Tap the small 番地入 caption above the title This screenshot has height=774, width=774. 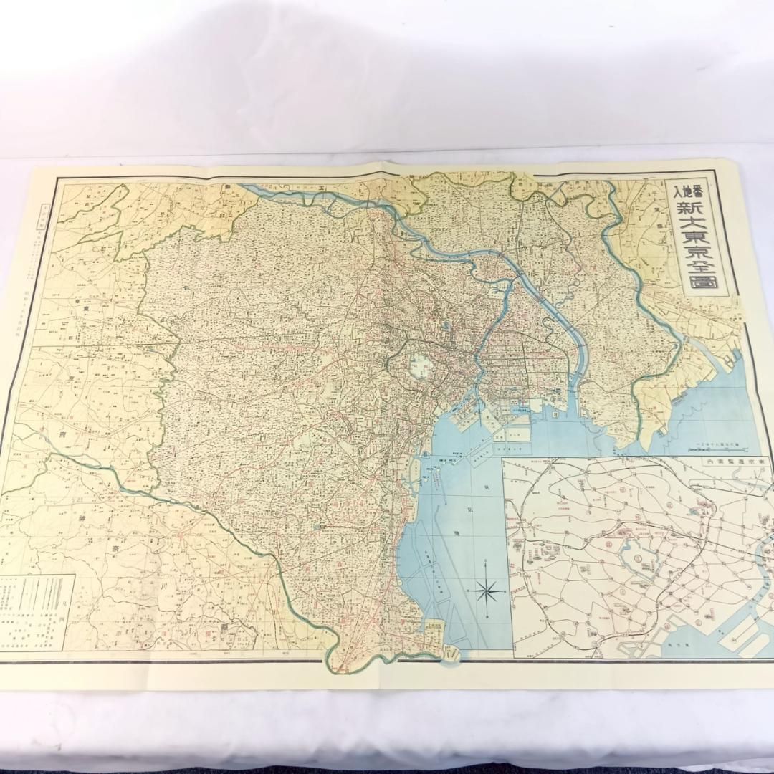pyautogui.click(x=675, y=193)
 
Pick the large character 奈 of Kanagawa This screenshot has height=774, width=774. pyautogui.click(x=114, y=550)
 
